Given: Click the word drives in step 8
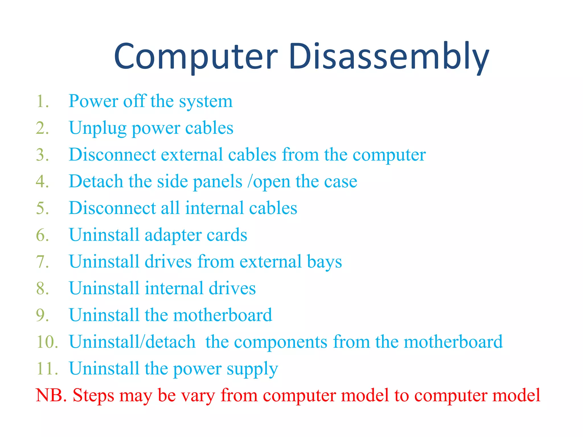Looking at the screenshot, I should pos(232,288).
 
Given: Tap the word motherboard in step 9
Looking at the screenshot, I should pos(222,315).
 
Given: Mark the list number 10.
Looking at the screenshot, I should pos(47,342).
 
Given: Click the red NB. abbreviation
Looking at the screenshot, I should pos(51,395).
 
